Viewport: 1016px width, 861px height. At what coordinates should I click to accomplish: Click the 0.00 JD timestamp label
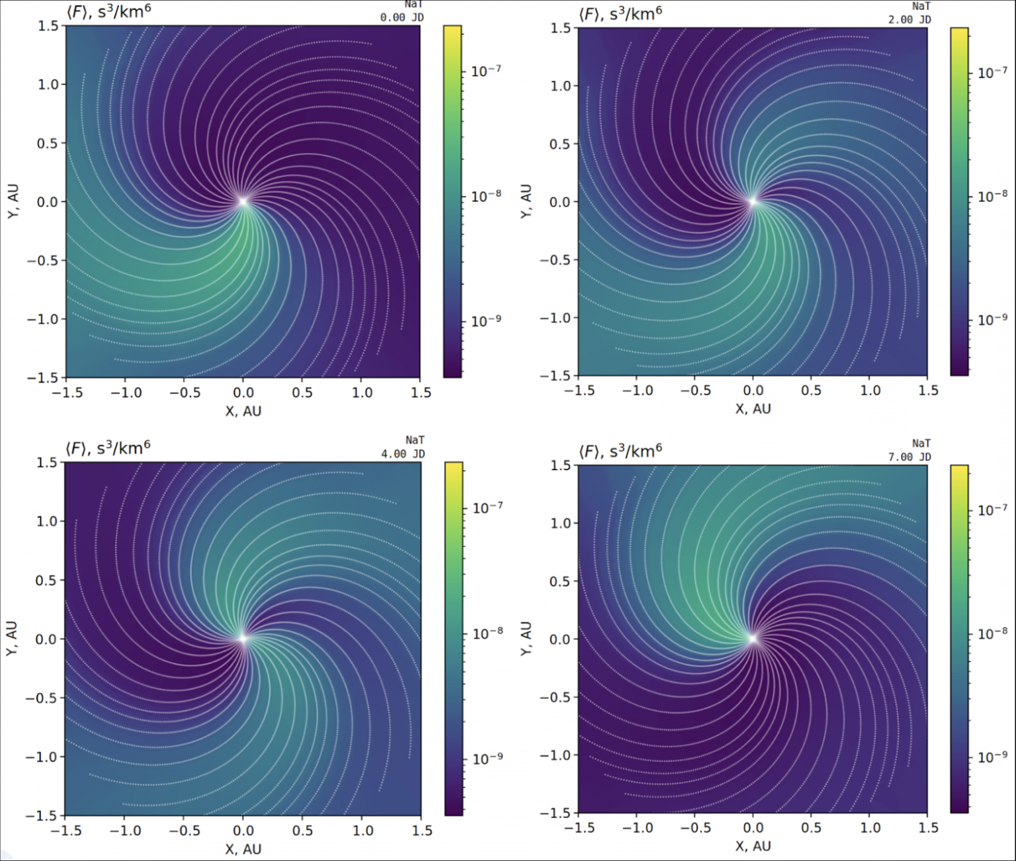point(402,17)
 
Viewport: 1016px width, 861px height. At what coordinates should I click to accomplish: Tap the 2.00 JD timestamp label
point(909,20)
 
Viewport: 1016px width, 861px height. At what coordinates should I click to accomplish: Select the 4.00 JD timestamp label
point(402,454)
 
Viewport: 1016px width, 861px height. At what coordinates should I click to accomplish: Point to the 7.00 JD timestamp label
point(909,456)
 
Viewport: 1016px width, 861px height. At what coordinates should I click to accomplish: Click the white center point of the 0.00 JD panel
point(243,201)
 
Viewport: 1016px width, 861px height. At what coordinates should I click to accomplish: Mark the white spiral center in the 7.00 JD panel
point(752,638)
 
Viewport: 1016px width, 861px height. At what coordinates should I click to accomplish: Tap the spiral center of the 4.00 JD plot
point(243,638)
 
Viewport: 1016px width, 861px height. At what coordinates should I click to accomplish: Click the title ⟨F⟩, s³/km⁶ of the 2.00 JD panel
point(620,14)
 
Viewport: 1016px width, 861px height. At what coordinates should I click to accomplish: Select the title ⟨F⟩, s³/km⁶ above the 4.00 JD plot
point(108,448)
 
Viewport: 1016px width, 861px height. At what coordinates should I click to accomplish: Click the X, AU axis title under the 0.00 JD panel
point(243,411)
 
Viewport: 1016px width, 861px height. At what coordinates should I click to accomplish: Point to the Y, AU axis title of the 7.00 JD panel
point(526,639)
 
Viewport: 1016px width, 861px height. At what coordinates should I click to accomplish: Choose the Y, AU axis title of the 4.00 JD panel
point(12,639)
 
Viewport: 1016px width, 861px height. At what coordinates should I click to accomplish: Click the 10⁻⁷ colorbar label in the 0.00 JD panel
point(486,70)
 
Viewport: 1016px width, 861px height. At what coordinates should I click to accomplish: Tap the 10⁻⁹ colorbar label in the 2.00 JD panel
point(993,319)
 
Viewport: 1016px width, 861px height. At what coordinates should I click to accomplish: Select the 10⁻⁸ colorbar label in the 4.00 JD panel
point(487,633)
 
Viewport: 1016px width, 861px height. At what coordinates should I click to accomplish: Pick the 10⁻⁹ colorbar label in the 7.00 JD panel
point(993,757)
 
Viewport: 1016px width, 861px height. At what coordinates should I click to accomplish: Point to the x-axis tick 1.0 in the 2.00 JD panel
point(870,390)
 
